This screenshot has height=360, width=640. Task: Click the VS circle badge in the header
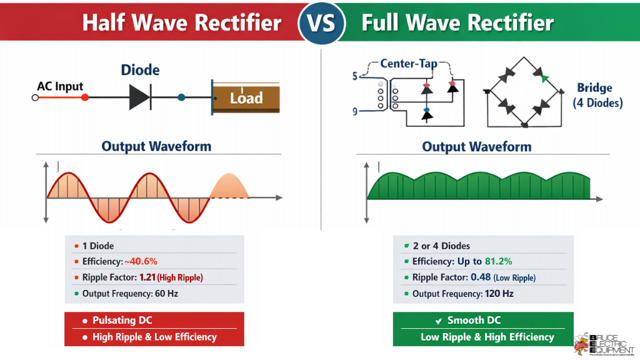pyautogui.click(x=321, y=23)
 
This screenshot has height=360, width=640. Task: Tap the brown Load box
pyautogui.click(x=246, y=98)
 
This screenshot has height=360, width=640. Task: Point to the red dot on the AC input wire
pyautogui.click(x=85, y=97)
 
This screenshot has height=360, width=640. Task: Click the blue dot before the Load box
pyautogui.click(x=181, y=97)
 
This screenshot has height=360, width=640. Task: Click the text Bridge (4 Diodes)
pyautogui.click(x=597, y=95)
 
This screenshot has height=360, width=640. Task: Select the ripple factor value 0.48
pyautogui.click(x=479, y=277)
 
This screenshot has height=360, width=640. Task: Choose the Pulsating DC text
pyautogui.click(x=122, y=321)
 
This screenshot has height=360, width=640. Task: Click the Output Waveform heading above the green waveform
pyautogui.click(x=476, y=147)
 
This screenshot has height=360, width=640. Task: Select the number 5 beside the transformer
pyautogui.click(x=355, y=76)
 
